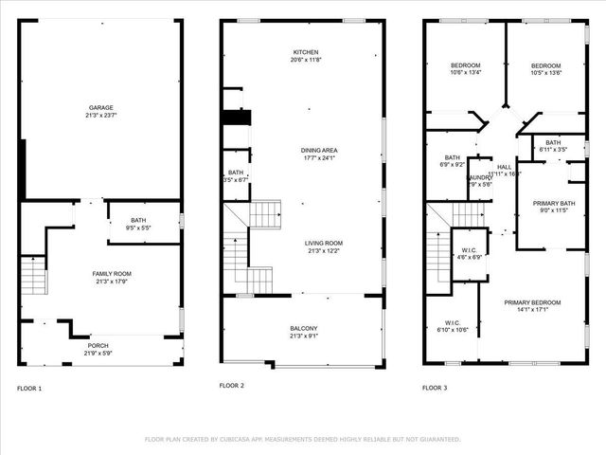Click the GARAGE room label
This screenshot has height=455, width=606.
[x=100, y=107]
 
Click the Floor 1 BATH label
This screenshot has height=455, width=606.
[x=138, y=221]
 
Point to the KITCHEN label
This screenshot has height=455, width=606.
[x=306, y=52]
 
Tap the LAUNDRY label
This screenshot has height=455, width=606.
[x=480, y=177]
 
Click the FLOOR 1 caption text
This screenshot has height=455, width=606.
[x=29, y=388]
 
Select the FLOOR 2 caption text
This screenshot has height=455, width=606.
[x=232, y=386]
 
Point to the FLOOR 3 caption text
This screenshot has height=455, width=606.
[x=435, y=388]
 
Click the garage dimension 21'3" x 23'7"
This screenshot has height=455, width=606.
[x=100, y=114]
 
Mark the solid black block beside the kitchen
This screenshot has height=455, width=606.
[x=236, y=118]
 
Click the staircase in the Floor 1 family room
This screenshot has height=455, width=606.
[x=33, y=275]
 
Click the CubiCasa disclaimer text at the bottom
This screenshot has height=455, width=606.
[x=303, y=439]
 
